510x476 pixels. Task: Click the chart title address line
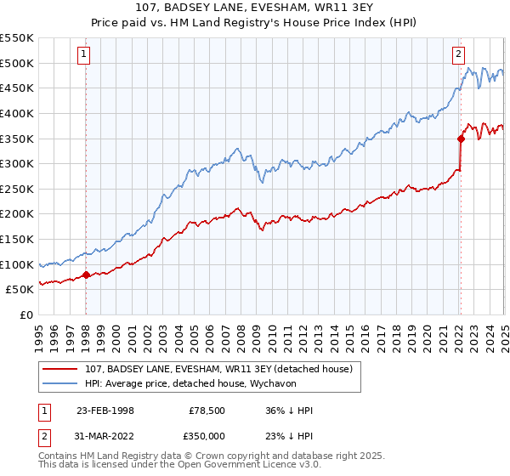pos(255,8)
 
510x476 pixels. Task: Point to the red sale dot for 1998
pos(87,275)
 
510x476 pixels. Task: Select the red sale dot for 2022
pos(461,138)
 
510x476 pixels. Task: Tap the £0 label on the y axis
pos(25,314)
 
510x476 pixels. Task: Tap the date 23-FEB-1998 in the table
pos(105,411)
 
